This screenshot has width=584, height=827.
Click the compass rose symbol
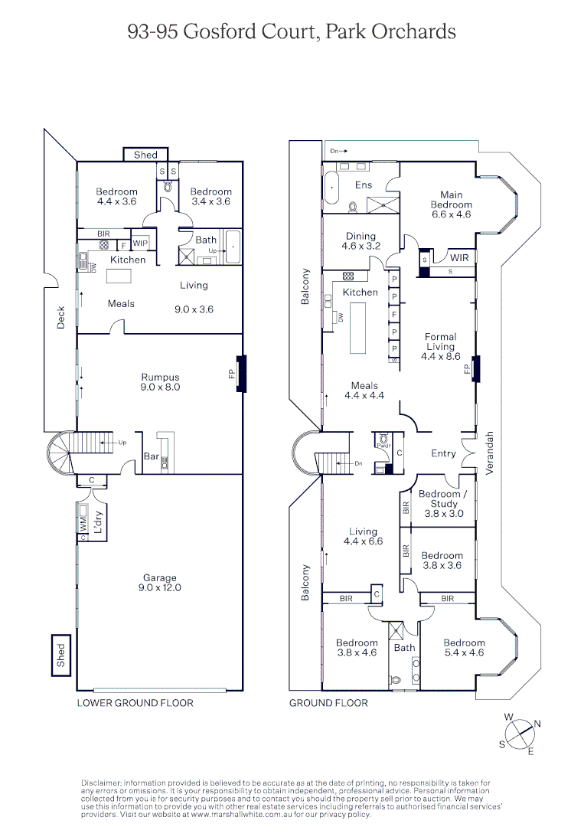(520, 734)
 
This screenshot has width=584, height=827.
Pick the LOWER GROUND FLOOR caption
(135, 703)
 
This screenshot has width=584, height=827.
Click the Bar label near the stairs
(152, 456)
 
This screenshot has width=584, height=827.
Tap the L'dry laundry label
(97, 521)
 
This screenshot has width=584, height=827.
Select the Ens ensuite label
(364, 185)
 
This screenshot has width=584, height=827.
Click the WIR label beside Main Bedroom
(459, 258)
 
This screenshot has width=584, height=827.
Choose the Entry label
(443, 453)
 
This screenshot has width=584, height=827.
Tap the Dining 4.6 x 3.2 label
(361, 241)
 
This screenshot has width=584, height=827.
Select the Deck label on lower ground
(60, 318)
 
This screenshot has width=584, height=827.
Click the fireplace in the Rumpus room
(242, 374)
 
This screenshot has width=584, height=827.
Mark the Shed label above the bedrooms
(145, 155)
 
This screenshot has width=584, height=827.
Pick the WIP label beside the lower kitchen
(140, 244)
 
